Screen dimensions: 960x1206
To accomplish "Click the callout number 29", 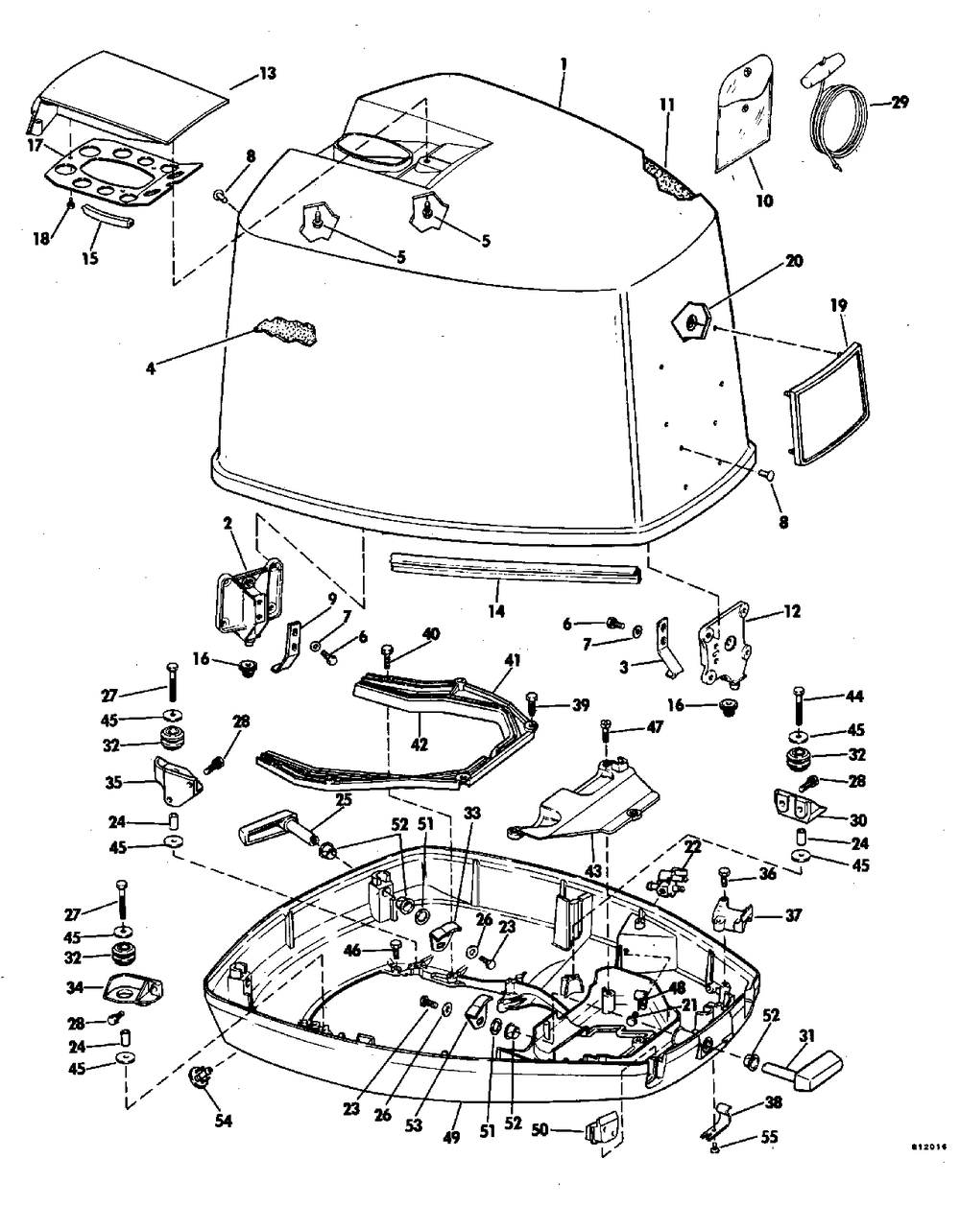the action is (899, 102).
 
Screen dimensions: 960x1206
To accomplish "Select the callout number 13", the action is (268, 74).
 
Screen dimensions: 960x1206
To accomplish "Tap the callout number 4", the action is (151, 368).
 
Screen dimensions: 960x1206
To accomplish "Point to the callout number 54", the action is (223, 1121).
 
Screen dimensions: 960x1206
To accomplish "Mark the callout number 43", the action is (592, 871).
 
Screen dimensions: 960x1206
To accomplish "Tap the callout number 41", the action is (512, 661).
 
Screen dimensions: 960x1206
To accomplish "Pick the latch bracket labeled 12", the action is (723, 645).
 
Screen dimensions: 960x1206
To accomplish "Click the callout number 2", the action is (228, 524).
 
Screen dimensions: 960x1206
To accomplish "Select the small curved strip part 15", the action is (108, 215).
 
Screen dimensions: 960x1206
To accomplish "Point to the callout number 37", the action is (792, 915).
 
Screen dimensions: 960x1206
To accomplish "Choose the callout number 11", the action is (667, 105).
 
